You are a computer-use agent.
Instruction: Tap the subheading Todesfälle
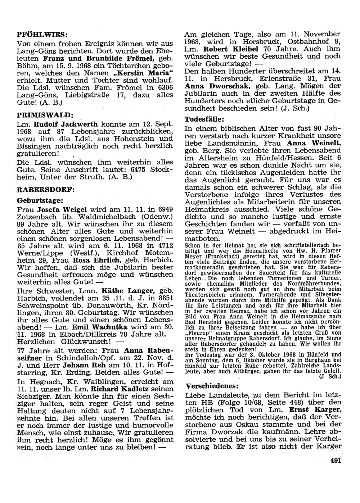click(204, 119)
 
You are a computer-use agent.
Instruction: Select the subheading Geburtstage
click(40, 199)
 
